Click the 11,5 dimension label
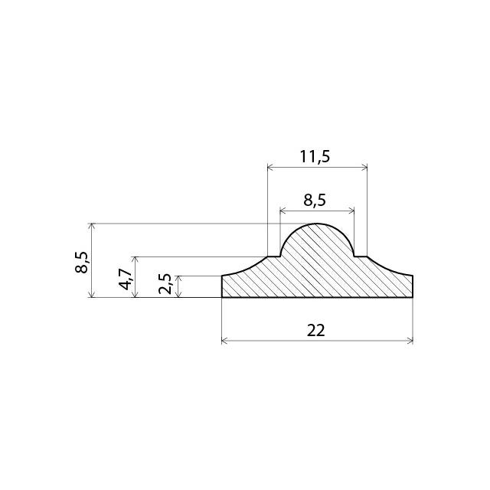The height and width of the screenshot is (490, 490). click(315, 156)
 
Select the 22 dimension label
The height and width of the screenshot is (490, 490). click(316, 331)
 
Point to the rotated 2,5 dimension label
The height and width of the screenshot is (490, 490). click(165, 284)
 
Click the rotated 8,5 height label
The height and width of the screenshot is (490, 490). click(82, 263)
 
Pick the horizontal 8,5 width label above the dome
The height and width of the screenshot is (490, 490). click(315, 200)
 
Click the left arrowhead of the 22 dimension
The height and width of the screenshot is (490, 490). click(224, 341)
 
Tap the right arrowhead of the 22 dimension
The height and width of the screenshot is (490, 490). click(410, 341)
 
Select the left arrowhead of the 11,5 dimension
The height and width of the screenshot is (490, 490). click(270, 168)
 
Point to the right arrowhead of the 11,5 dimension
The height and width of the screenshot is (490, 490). click(364, 168)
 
